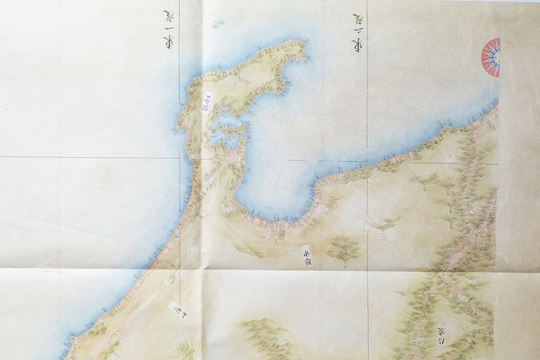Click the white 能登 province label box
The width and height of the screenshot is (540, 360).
tap(207, 101)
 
